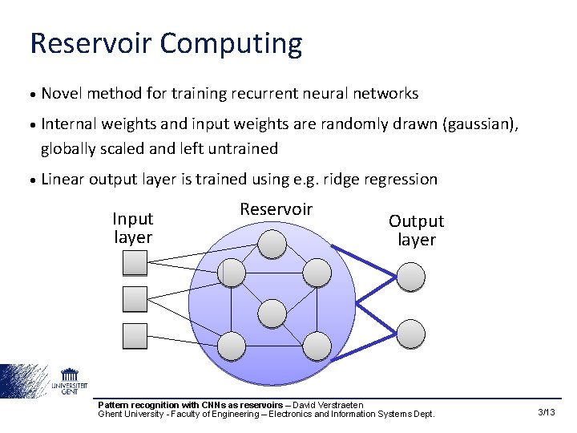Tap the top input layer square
click(135, 262)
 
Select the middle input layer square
click(135, 299)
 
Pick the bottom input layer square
click(135, 335)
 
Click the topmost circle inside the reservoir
click(273, 244)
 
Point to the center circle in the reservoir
click(273, 313)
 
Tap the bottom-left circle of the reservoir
click(232, 346)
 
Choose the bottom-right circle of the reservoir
click(317, 346)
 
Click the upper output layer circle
click(412, 276)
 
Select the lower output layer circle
click(412, 333)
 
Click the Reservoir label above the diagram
click(276, 209)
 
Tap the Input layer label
click(133, 228)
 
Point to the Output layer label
click(417, 230)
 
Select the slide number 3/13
click(547, 412)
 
